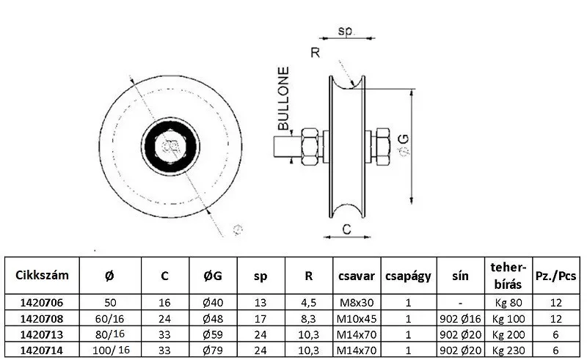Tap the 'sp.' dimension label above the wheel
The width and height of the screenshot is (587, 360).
(346, 31)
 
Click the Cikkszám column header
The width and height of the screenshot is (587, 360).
(42, 275)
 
